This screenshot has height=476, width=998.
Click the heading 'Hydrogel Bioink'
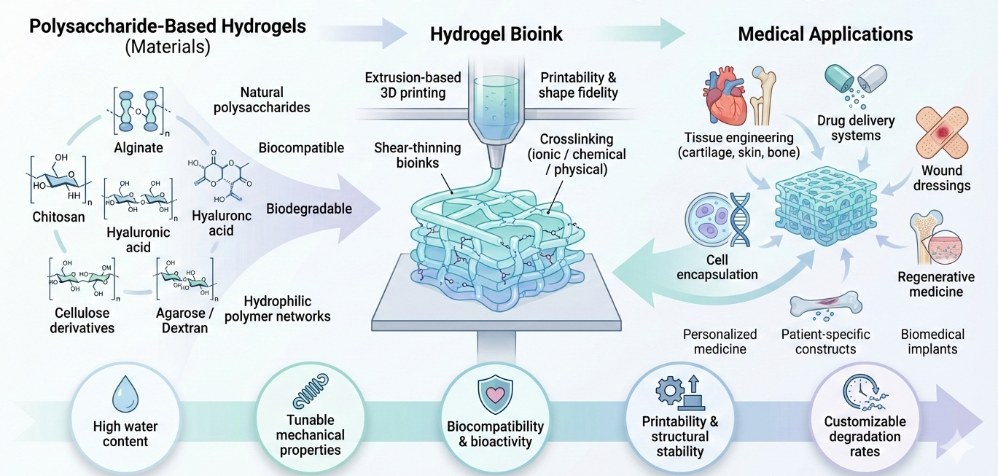[x=496, y=34]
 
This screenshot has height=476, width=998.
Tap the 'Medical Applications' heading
[x=825, y=34]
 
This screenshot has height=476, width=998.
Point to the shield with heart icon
[x=495, y=394]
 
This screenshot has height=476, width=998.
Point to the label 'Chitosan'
[x=58, y=216]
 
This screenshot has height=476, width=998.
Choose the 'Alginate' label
[x=139, y=148]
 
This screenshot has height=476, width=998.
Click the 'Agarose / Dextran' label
[x=182, y=321]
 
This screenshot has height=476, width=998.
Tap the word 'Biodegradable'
[x=309, y=209]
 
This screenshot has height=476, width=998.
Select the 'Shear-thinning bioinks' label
[x=427, y=155]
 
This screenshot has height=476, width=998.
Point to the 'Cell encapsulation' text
[x=717, y=267]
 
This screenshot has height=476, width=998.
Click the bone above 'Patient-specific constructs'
[x=825, y=305]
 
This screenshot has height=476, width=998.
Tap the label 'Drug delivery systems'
[x=856, y=128]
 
